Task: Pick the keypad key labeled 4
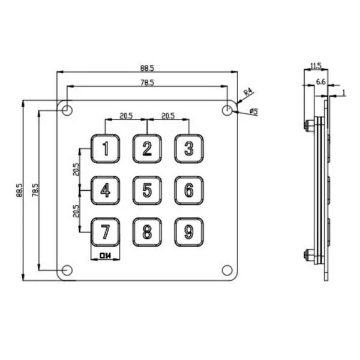105,190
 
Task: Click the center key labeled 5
147,190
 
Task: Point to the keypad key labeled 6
189,190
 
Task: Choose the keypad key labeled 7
105,232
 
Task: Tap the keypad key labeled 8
147,232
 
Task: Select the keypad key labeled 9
189,232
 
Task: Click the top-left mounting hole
67,110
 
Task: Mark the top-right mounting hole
227,110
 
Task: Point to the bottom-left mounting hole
67,270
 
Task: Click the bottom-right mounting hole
227,270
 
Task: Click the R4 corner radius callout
248,93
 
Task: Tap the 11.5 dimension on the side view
316,65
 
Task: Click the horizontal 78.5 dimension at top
147,82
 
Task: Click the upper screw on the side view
309,125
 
